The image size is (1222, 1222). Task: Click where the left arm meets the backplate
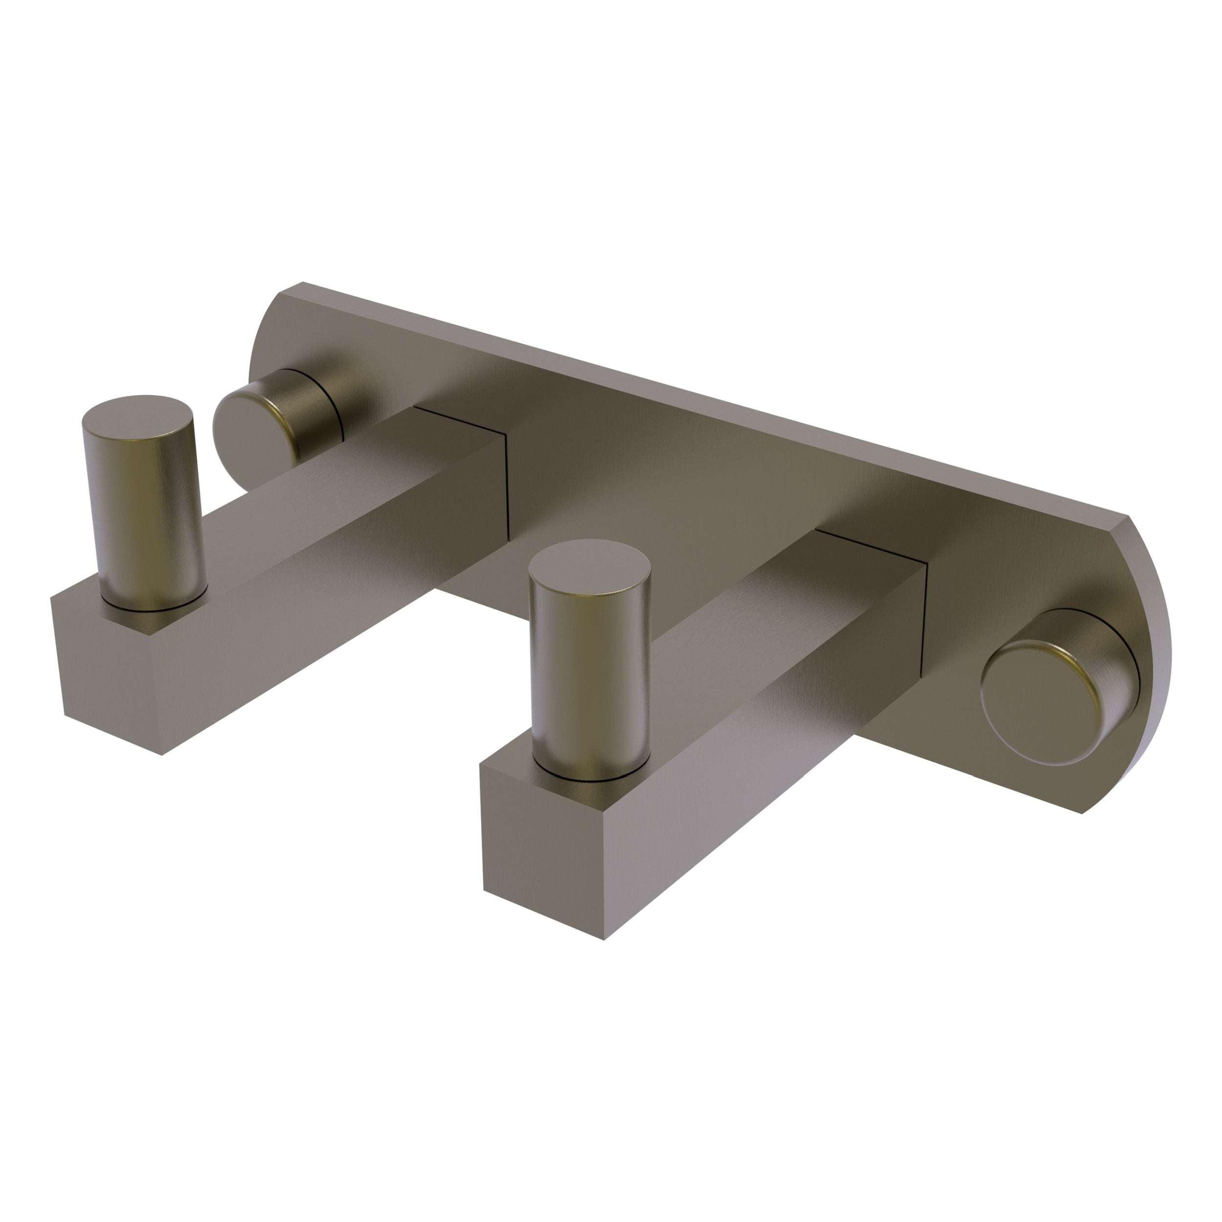[506, 487]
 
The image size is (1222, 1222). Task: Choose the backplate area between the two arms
[664, 506]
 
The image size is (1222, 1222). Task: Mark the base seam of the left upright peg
[155, 609]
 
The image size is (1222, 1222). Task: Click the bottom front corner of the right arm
[604, 938]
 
